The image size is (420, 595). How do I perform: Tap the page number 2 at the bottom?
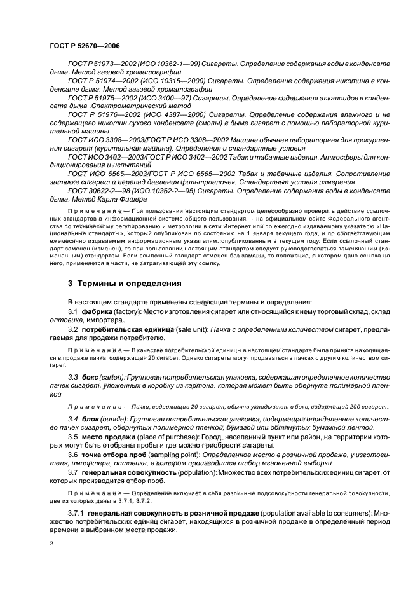[x=53, y=544]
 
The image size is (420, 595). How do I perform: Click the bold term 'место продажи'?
[x=105, y=437]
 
